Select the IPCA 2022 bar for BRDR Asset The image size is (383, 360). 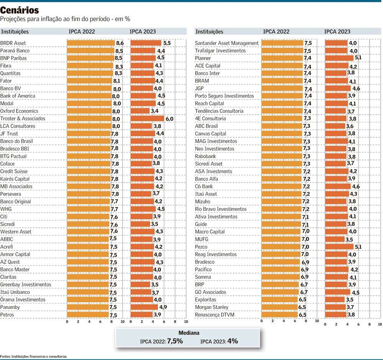(x=91, y=43)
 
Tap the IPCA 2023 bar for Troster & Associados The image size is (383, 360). (x=147, y=119)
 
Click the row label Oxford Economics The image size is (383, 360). (x=19, y=111)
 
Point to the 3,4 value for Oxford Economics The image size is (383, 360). (x=155, y=111)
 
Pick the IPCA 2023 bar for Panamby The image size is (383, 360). (x=144, y=307)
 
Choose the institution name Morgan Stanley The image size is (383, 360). (x=211, y=307)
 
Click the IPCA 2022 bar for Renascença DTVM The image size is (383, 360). (x=279, y=315)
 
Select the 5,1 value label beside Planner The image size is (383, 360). (x=358, y=58)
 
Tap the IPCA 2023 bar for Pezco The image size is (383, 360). (x=339, y=247)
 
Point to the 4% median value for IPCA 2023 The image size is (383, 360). (x=232, y=341)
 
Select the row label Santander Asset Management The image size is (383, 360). (x=227, y=43)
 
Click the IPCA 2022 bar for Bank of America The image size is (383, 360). (x=89, y=96)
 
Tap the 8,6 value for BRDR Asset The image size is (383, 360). (x=120, y=43)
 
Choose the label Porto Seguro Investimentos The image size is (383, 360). (x=224, y=96)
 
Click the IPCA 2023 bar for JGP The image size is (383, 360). (x=338, y=88)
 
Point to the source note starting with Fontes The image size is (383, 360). (x=33, y=356)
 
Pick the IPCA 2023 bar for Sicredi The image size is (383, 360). (x=140, y=224)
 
